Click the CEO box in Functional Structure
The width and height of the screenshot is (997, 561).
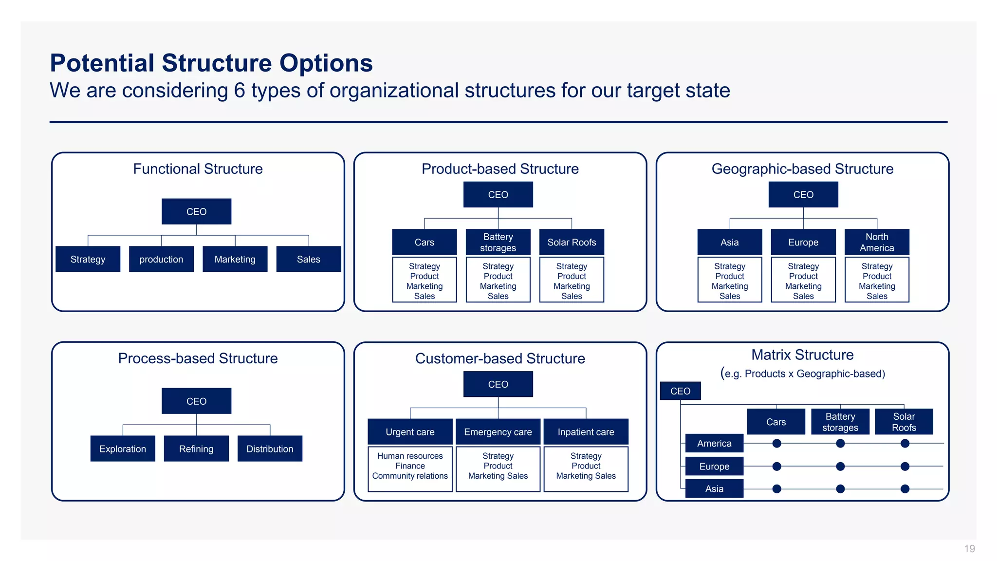[196, 211]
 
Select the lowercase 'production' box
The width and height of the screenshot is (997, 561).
[161, 259]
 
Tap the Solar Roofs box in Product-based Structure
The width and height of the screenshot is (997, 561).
[572, 242]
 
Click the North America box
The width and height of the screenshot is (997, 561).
[877, 242]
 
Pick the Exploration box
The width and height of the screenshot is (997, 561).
[123, 449]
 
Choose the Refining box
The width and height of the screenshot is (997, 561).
[196, 449]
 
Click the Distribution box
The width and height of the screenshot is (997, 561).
[270, 449]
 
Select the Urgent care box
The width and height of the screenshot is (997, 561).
[410, 431]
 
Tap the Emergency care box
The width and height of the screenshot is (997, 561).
[498, 431]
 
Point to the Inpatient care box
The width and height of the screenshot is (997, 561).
[586, 431]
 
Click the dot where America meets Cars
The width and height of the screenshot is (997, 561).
[777, 443]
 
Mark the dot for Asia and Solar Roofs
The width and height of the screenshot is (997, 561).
[905, 488]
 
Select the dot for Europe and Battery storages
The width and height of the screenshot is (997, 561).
[840, 467]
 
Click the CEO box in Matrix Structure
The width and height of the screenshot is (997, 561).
[680, 391]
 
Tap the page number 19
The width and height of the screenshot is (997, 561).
[969, 549]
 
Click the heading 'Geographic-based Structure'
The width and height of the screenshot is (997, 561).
[802, 169]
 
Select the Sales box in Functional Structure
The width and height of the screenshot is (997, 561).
[309, 259]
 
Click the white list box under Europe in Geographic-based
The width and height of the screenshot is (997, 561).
[803, 280]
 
